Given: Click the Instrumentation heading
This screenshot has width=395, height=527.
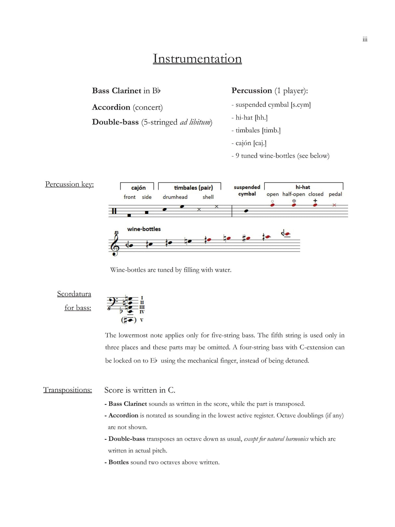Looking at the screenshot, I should pyautogui.click(x=197, y=59).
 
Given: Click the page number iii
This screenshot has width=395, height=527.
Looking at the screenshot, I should pyautogui.click(x=365, y=39).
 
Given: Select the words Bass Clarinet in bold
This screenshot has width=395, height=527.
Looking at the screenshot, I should pyautogui.click(x=116, y=90).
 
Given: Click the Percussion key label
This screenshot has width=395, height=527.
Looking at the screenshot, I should pyautogui.click(x=69, y=184).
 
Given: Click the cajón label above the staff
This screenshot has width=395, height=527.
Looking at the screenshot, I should pyautogui.click(x=138, y=188).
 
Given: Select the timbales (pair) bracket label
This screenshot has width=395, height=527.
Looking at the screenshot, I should pyautogui.click(x=193, y=188).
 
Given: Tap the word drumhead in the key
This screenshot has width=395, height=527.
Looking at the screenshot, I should pyautogui.click(x=175, y=197).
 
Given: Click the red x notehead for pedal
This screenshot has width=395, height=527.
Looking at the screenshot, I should pyautogui.click(x=334, y=205).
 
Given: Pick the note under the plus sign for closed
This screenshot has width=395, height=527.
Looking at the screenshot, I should pyautogui.click(x=315, y=205).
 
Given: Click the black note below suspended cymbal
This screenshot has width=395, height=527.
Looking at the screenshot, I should pyautogui.click(x=246, y=211).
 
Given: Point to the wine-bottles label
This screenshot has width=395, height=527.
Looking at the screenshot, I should pyautogui.click(x=144, y=229).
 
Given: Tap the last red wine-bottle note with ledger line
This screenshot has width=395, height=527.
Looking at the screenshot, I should pyautogui.click(x=287, y=234).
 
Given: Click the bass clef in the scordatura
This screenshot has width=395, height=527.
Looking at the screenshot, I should pyautogui.click(x=112, y=302).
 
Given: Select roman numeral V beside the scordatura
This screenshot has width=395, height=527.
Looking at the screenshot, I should pyautogui.click(x=142, y=320).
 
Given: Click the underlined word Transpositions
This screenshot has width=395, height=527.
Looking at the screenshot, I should pyautogui.click(x=68, y=390).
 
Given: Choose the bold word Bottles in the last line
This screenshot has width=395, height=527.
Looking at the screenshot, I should pyautogui.click(x=118, y=462).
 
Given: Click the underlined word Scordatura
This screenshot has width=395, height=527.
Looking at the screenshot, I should pyautogui.click(x=74, y=294).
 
